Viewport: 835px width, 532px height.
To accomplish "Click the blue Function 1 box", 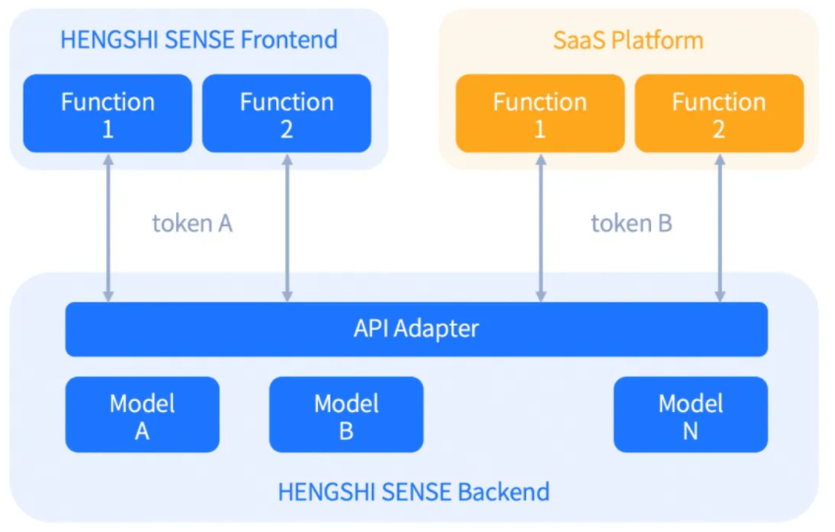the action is point(107,113).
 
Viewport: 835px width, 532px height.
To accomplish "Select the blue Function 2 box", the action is point(286,113).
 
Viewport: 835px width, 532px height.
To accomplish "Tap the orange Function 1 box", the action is point(540,113).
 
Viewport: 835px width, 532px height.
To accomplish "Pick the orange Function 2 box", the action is point(719,113).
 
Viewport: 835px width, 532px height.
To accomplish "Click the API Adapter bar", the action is point(416,329).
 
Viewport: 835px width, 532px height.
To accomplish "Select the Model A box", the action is point(143,415).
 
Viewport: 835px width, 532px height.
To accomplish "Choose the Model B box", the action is point(346,415).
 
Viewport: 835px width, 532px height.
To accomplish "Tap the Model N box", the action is point(690,415).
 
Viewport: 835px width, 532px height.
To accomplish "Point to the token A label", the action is point(192,223).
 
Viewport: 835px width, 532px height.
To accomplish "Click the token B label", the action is point(631,223).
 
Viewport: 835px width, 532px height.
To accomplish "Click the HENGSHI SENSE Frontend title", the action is point(199,40).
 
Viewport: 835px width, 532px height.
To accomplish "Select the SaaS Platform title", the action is point(628,40).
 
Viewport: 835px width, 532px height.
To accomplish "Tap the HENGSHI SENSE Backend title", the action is point(414,492).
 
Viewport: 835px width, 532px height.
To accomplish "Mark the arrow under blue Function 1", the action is point(108,228).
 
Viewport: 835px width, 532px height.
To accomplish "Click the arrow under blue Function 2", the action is point(287,228).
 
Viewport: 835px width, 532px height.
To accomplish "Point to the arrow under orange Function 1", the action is point(541,228).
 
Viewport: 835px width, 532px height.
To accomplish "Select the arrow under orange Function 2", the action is point(720,228).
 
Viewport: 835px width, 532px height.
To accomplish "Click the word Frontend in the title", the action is point(289,40).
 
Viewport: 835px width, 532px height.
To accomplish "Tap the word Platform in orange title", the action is point(658,40).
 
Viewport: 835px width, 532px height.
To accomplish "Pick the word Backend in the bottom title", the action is point(504,492).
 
